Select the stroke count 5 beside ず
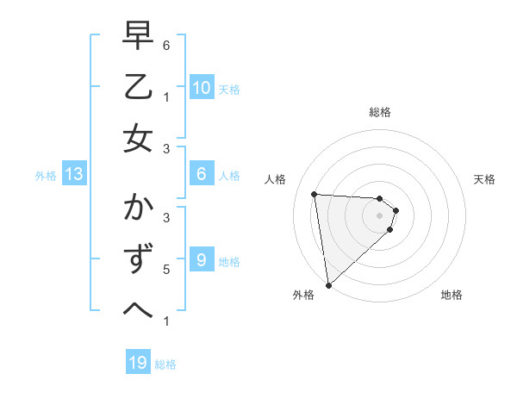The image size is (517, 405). pyautogui.click(x=166, y=270)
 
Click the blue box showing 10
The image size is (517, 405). pyautogui.click(x=201, y=88)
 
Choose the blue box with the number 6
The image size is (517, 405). pyautogui.click(x=201, y=174)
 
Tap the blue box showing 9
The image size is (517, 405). pyautogui.click(x=201, y=260)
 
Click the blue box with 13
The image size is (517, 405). pyautogui.click(x=73, y=174)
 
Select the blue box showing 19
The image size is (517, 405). pyautogui.click(x=138, y=363)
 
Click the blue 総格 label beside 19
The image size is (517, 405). pyautogui.click(x=166, y=364)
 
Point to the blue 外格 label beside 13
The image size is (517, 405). pyautogui.click(x=46, y=176)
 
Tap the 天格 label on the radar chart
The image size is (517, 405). pyautogui.click(x=485, y=179)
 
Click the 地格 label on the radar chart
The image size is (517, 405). pyautogui.click(x=452, y=295)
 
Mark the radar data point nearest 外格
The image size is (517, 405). pyautogui.click(x=328, y=284)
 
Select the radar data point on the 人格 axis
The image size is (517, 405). pyautogui.click(x=315, y=194)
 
